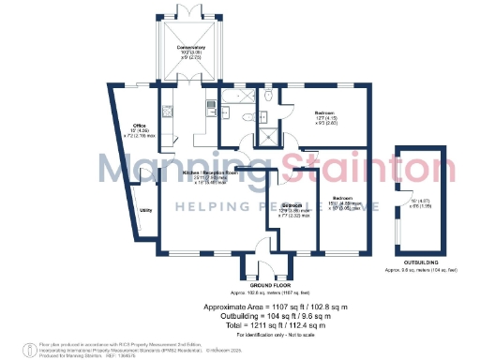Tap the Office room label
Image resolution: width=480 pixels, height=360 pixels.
point(139,125)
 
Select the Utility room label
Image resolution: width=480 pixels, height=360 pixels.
point(145,211)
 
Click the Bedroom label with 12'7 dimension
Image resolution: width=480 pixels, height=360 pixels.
point(325,112)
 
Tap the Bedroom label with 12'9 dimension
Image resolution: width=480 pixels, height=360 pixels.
point(292,204)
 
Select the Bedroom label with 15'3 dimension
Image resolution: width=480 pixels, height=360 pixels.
point(343,199)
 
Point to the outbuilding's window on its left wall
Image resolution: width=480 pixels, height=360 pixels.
point(397,202)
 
